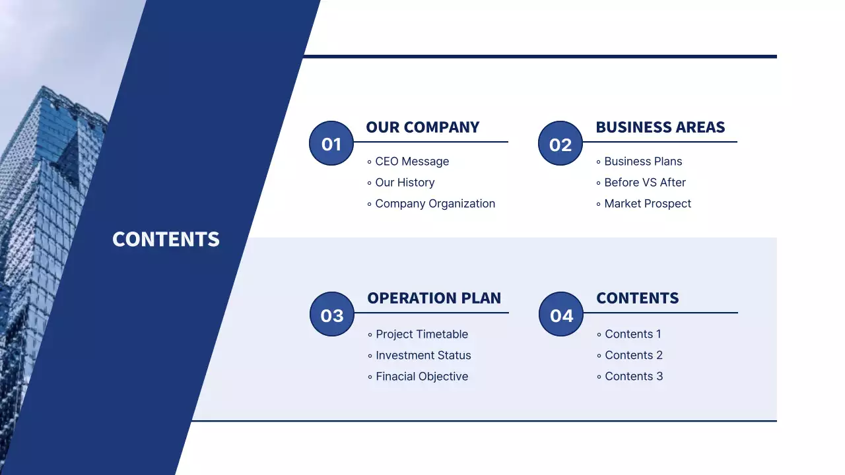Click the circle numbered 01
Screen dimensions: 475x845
point(331,143)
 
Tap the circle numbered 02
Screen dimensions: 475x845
point(560,143)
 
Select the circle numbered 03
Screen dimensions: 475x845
point(332,314)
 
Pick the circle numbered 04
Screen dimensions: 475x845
point(561,314)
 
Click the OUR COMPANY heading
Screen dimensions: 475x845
point(422,127)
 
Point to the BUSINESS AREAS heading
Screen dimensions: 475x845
point(660,127)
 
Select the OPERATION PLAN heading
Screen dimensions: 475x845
point(434,298)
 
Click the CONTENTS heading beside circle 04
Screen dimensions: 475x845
point(637,298)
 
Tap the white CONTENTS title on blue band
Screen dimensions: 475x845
point(166,239)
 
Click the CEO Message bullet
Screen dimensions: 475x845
point(408,162)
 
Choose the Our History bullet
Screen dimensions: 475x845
point(401,183)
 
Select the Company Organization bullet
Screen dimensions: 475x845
point(431,204)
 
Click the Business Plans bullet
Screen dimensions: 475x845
point(639,162)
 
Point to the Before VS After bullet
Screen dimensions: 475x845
point(641,183)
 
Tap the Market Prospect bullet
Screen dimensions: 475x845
point(644,204)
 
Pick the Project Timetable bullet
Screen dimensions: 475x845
point(418,334)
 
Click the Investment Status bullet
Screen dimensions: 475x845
point(419,356)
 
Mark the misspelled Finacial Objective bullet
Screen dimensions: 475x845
point(418,377)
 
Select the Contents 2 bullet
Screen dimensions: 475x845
point(630,356)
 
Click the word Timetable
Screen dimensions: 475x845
point(442,334)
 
